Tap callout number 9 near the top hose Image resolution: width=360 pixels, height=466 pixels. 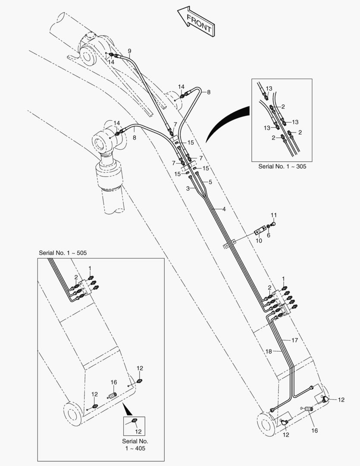[x=129, y=51]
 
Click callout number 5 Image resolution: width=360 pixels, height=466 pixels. [x=210, y=182]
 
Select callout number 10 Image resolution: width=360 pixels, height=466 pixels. [x=259, y=241]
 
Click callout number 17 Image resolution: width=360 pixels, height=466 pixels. [x=295, y=340]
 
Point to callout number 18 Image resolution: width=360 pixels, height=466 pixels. [x=269, y=352]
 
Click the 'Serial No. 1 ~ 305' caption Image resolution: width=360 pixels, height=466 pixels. [x=282, y=166]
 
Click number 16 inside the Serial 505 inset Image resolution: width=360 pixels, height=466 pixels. [x=114, y=382]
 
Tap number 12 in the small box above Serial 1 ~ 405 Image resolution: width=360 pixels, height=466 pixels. [x=138, y=431]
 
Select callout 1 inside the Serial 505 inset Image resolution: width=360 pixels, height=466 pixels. [x=90, y=268]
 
